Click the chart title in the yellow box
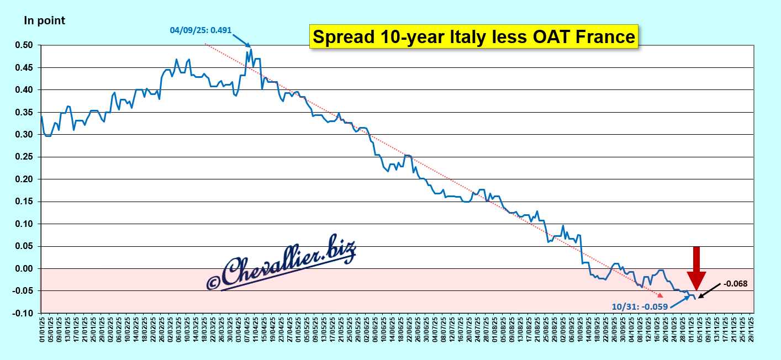474,37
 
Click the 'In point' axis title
44,21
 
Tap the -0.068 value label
735,284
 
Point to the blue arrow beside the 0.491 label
241,40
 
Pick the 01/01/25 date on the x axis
42,326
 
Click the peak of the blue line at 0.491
251,49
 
